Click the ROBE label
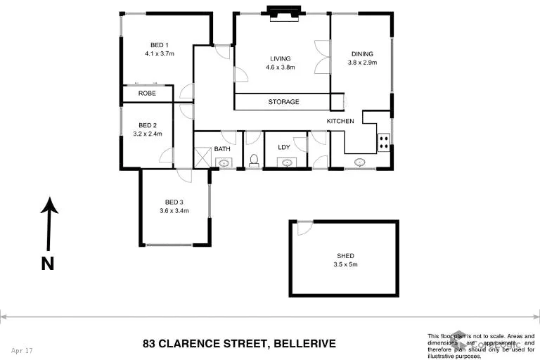click(x=147, y=94)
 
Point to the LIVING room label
click(x=280, y=59)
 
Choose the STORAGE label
click(x=283, y=102)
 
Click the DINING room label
click(x=362, y=53)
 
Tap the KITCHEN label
click(x=340, y=122)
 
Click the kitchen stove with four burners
click(x=384, y=143)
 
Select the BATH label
click(x=222, y=148)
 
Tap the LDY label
click(x=284, y=147)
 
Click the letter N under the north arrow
click(x=47, y=264)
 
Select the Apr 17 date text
click(x=22, y=349)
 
